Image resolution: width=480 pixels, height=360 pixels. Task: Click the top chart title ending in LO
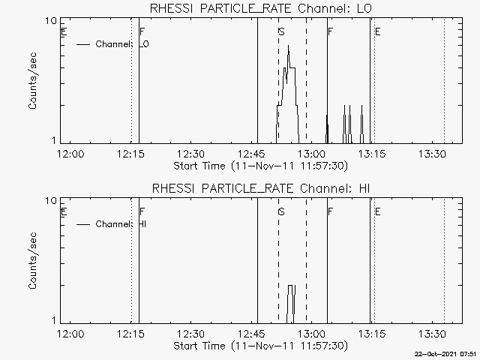click(261, 8)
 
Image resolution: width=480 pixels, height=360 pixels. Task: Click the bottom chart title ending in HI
click(261, 188)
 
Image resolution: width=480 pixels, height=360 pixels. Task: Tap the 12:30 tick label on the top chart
click(191, 154)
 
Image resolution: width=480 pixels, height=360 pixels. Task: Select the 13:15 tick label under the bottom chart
click(372, 334)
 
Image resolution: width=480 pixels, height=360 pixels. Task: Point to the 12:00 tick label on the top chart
click(70, 154)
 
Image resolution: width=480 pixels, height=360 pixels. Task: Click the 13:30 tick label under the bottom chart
click(432, 334)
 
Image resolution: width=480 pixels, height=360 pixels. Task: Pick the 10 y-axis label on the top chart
click(51, 21)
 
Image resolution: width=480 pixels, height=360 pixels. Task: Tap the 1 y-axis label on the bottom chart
click(54, 320)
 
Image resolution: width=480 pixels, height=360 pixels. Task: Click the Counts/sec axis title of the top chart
click(32, 81)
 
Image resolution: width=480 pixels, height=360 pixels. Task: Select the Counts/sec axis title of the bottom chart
click(32, 261)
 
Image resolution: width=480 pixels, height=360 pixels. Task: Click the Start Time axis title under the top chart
click(261, 166)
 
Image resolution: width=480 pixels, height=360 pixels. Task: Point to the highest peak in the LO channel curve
click(288, 45)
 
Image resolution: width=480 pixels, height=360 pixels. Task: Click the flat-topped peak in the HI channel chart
click(291, 286)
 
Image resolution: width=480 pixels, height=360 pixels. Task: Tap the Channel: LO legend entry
click(112, 44)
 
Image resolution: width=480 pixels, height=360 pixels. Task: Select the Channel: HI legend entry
click(112, 224)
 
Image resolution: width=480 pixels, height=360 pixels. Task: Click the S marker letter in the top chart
click(282, 31)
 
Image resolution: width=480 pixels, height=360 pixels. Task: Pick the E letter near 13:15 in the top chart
click(378, 31)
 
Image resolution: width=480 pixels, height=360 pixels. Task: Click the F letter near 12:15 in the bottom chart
click(142, 211)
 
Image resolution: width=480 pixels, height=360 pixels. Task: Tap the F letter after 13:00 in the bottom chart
click(330, 211)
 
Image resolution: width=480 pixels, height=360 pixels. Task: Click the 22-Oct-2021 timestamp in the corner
click(445, 355)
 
